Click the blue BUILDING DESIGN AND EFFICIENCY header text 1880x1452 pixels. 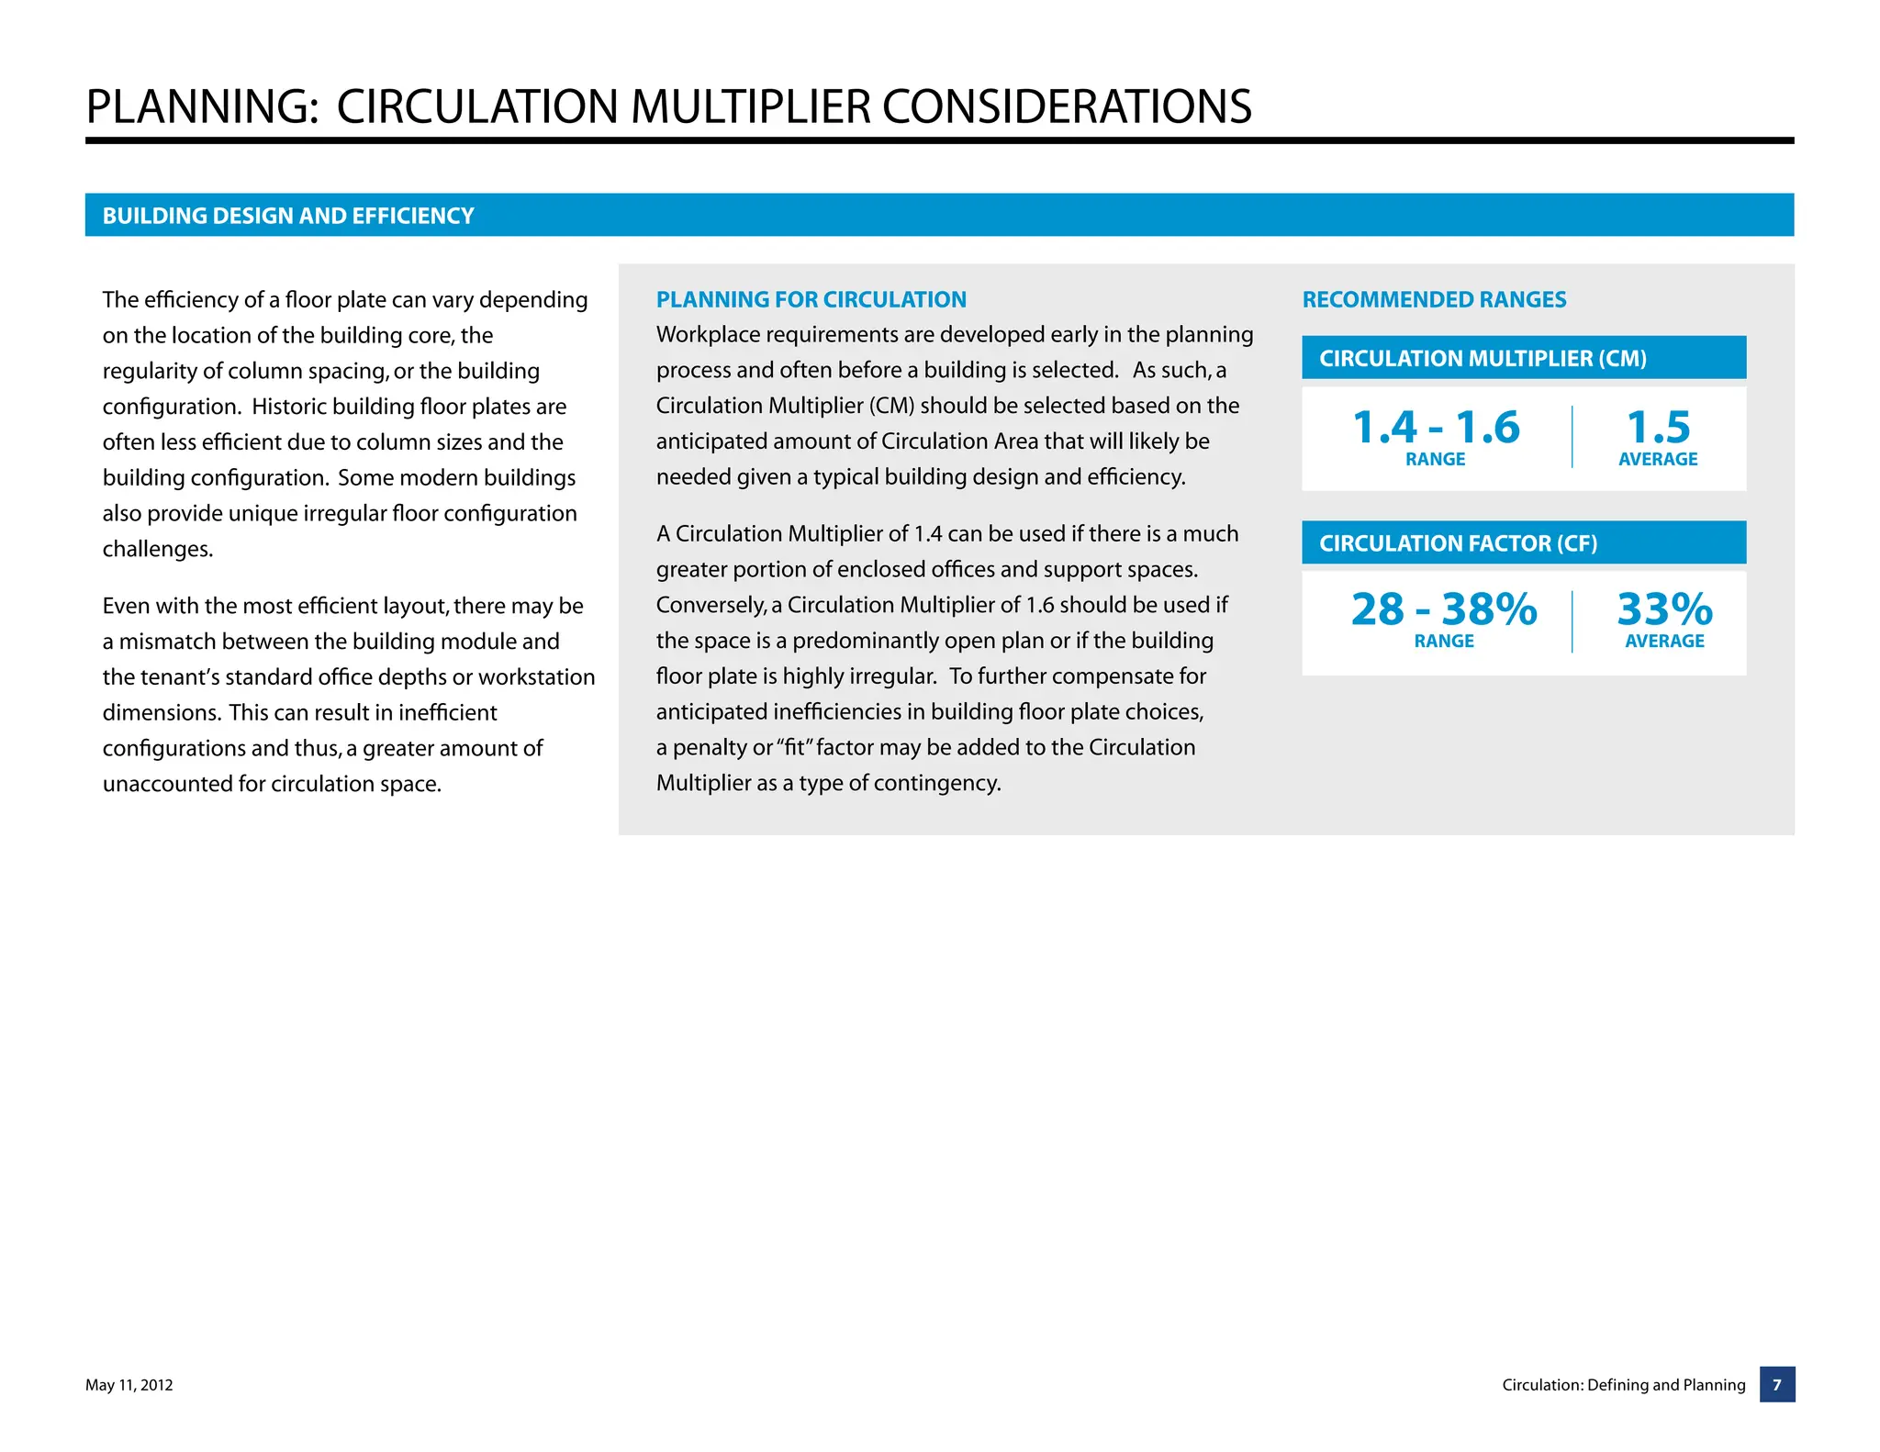pyautogui.click(x=288, y=216)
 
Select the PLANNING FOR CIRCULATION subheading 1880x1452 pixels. pyautogui.click(x=811, y=299)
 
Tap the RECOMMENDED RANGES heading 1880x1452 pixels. pyautogui.click(x=1434, y=299)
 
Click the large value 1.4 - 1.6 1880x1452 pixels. pyautogui.click(x=1436, y=428)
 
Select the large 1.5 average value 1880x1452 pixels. pyautogui.click(x=1658, y=428)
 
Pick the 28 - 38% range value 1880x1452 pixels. pyautogui.click(x=1443, y=609)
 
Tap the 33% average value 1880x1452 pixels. pyautogui.click(x=1664, y=609)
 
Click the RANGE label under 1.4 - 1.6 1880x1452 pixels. pyautogui.click(x=1435, y=460)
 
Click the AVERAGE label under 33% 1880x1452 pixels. pyautogui.click(x=1664, y=642)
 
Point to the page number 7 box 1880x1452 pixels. pyautogui.click(x=1777, y=1384)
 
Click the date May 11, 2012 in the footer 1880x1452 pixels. pyautogui.click(x=129, y=1385)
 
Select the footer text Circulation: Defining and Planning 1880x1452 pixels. pyautogui.click(x=1623, y=1385)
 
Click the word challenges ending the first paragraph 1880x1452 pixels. pyautogui.click(x=157, y=550)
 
